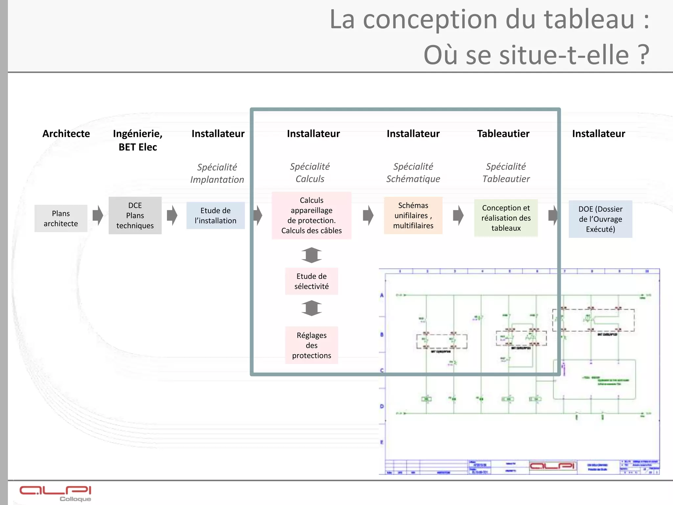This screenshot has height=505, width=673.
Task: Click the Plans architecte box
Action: coord(61,218)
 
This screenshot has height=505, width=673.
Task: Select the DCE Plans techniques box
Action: coord(135,215)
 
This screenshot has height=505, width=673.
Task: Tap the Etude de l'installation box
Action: coord(216,215)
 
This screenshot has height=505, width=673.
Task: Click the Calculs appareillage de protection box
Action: coord(312,215)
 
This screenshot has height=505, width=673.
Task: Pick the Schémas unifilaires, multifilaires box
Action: coord(413,215)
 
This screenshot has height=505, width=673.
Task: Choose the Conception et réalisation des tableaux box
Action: coord(506,218)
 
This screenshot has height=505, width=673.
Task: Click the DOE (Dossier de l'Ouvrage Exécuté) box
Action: coord(600,219)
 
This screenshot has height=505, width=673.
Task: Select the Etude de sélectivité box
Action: coord(312,281)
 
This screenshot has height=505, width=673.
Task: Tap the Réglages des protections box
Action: coord(312,345)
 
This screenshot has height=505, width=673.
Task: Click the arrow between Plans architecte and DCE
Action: coord(98,215)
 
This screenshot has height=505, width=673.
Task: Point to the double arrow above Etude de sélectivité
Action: coord(312,255)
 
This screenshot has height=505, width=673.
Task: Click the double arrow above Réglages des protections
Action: coord(312,308)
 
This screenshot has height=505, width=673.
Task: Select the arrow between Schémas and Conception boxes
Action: coord(458,215)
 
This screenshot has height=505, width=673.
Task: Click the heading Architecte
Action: coord(66,134)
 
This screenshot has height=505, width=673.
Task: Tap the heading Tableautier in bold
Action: coord(503,134)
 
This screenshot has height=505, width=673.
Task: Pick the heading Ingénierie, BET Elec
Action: coord(138,140)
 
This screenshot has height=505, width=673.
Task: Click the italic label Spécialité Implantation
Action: coord(217,173)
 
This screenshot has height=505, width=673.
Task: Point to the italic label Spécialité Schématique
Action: coord(413,173)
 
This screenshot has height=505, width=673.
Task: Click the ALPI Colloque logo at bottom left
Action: coord(55,493)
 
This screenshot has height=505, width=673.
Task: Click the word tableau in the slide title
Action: coord(589,20)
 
